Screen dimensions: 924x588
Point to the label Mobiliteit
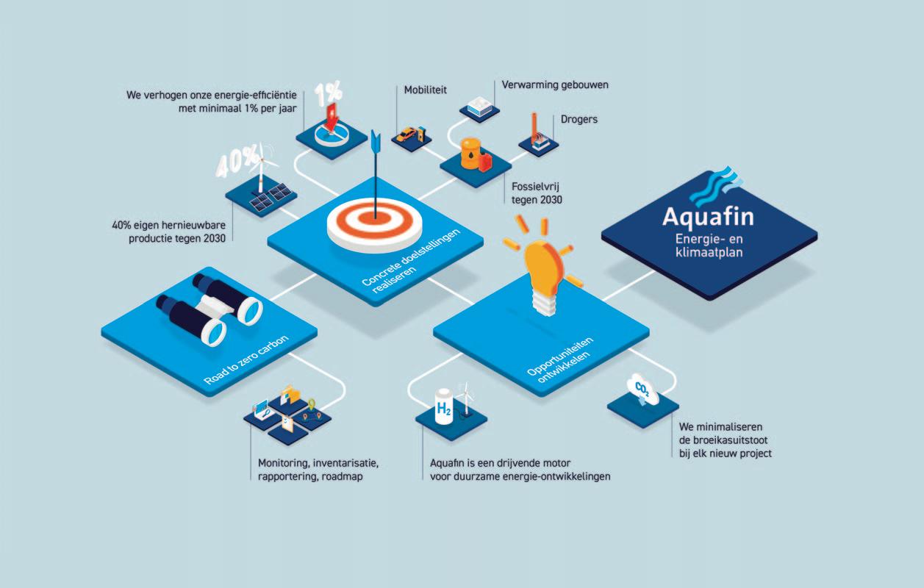click(x=426, y=90)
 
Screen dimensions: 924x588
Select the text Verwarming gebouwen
click(x=555, y=85)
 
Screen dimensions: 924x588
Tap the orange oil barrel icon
click(x=468, y=155)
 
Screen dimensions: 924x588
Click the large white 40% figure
click(x=237, y=162)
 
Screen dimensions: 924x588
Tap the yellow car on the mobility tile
click(x=407, y=135)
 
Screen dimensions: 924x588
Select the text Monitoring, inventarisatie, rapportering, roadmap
click(x=318, y=470)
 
